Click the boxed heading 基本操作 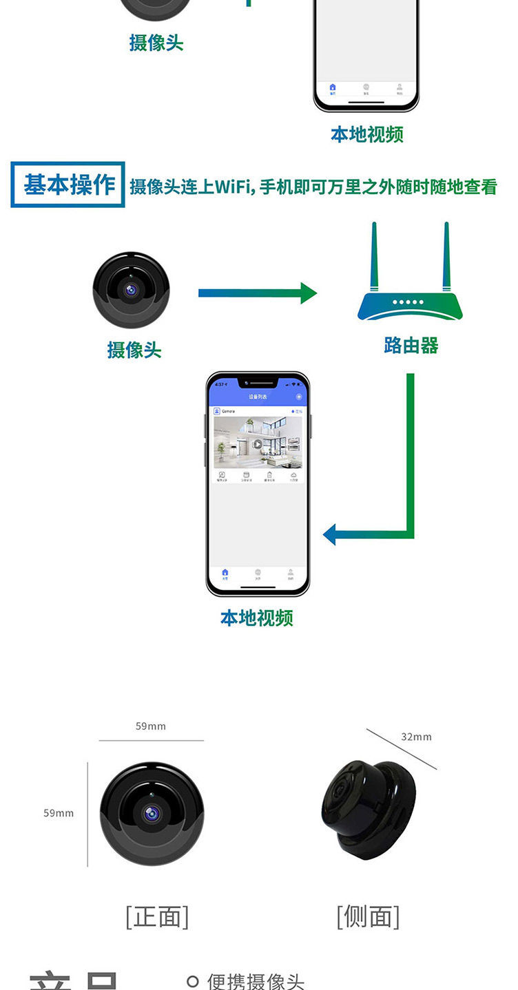[x=68, y=185]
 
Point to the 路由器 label [x=411, y=345]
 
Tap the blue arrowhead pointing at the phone [x=330, y=534]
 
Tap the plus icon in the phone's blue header [x=298, y=397]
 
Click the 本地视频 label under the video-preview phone [x=257, y=618]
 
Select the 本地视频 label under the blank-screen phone [x=367, y=134]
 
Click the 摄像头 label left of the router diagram [x=134, y=350]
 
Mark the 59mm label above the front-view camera [x=150, y=726]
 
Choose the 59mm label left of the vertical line [x=59, y=813]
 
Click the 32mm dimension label [x=416, y=737]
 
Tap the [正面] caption [x=157, y=917]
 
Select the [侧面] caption [x=368, y=917]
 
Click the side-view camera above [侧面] [x=368, y=810]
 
